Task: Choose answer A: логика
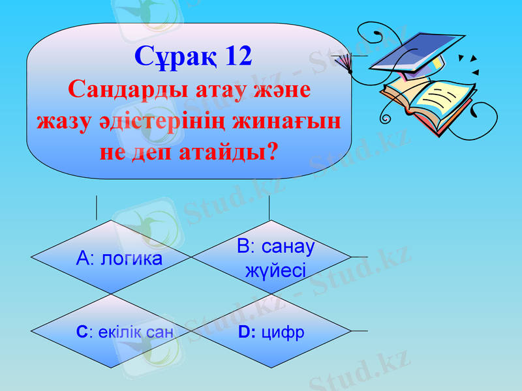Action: tap(119, 258)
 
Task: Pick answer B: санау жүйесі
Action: tap(275, 258)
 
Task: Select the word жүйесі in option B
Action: tap(275, 270)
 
